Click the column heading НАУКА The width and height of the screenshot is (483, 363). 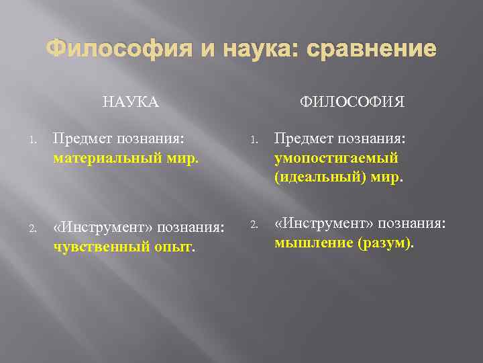pos(131,102)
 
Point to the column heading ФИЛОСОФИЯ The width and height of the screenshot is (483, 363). pos(352,102)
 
